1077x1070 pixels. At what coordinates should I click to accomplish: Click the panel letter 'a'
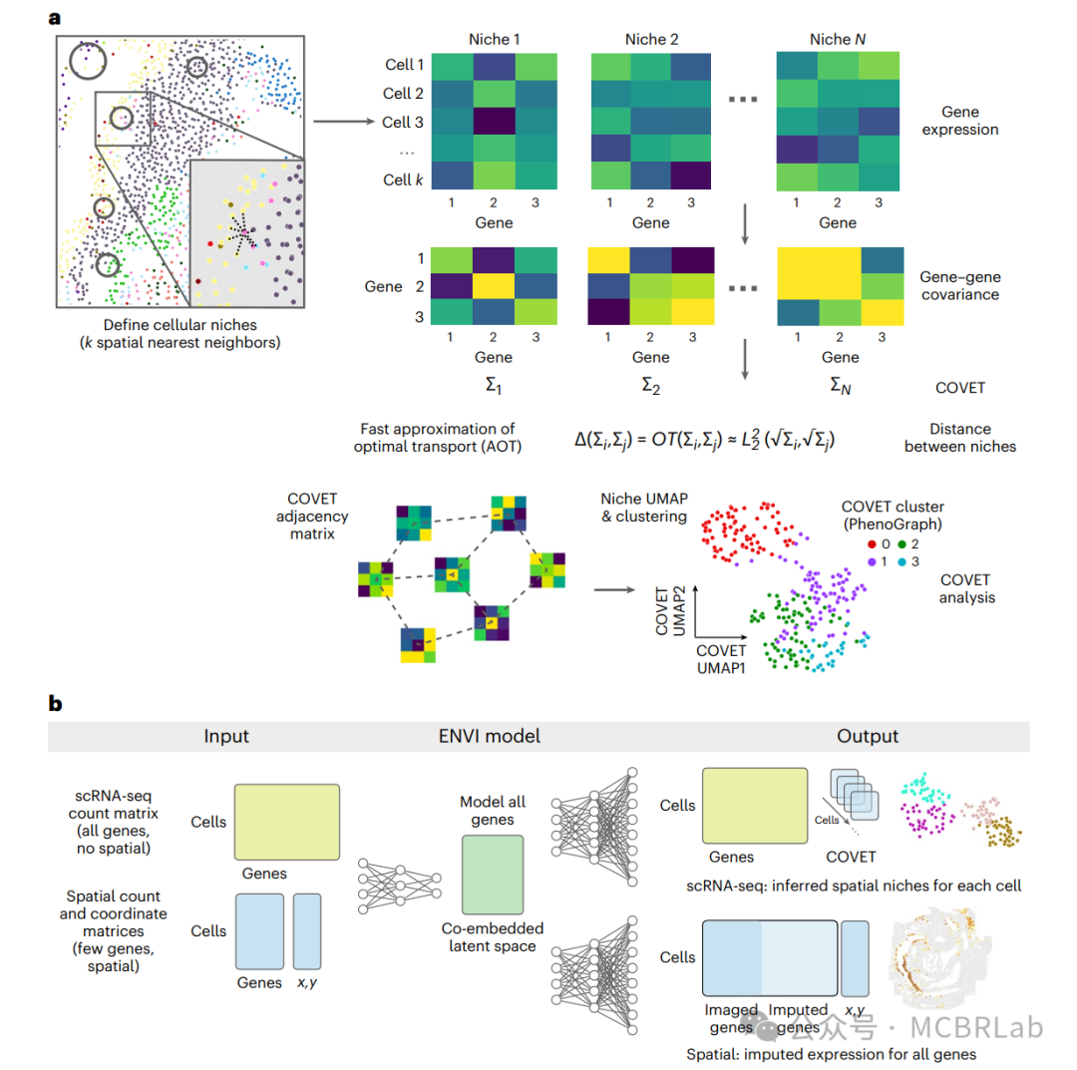[x=56, y=18]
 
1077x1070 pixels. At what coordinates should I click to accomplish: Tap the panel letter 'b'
[x=56, y=704]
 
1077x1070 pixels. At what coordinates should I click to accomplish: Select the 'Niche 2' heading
[x=651, y=40]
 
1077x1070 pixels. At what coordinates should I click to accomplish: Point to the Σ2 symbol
[x=650, y=385]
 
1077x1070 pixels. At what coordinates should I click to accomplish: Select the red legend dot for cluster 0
[x=872, y=544]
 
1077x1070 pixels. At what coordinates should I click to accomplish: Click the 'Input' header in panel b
[x=226, y=736]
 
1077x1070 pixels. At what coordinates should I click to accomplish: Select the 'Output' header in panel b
[x=867, y=736]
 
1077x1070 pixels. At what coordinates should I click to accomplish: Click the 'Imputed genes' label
[x=799, y=1017]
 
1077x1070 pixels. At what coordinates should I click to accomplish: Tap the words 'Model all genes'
[x=493, y=810]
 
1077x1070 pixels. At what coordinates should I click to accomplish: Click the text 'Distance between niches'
[x=959, y=439]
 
